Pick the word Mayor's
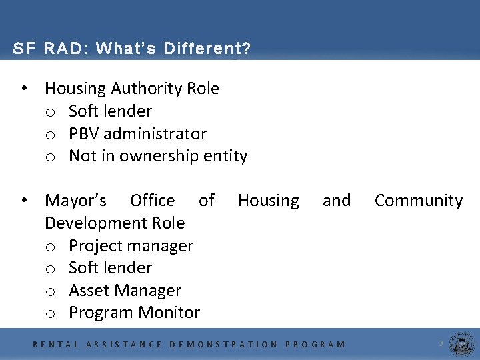[x=75, y=201]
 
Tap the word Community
[x=418, y=201]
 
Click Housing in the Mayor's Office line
[x=268, y=201]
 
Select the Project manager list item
[x=131, y=246]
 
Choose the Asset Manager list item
[x=125, y=291]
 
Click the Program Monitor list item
[x=134, y=313]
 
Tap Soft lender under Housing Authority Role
[x=110, y=111]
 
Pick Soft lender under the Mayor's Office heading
[x=110, y=268]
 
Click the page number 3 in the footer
[x=441, y=343]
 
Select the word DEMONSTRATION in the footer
[x=224, y=345]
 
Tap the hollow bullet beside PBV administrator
[x=50, y=135]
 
